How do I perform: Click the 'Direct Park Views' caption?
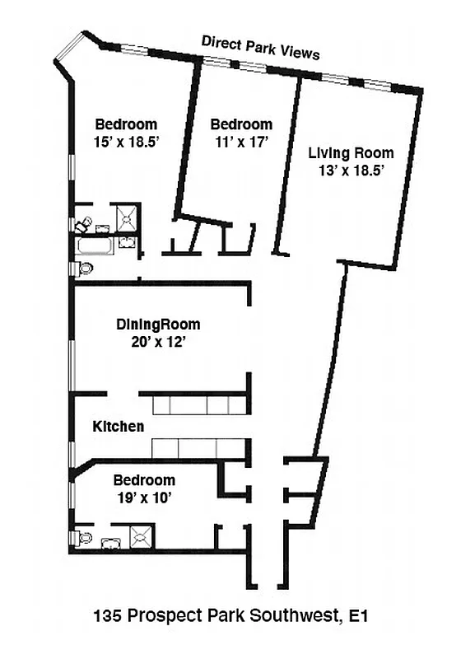click(x=260, y=48)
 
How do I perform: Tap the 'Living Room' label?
click(x=351, y=152)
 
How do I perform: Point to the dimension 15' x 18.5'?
click(x=126, y=141)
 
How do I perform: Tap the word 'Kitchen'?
click(x=119, y=427)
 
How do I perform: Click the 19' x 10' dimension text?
click(x=143, y=497)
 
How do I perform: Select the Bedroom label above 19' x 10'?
click(x=143, y=480)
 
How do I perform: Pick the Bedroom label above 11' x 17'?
click(x=241, y=124)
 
